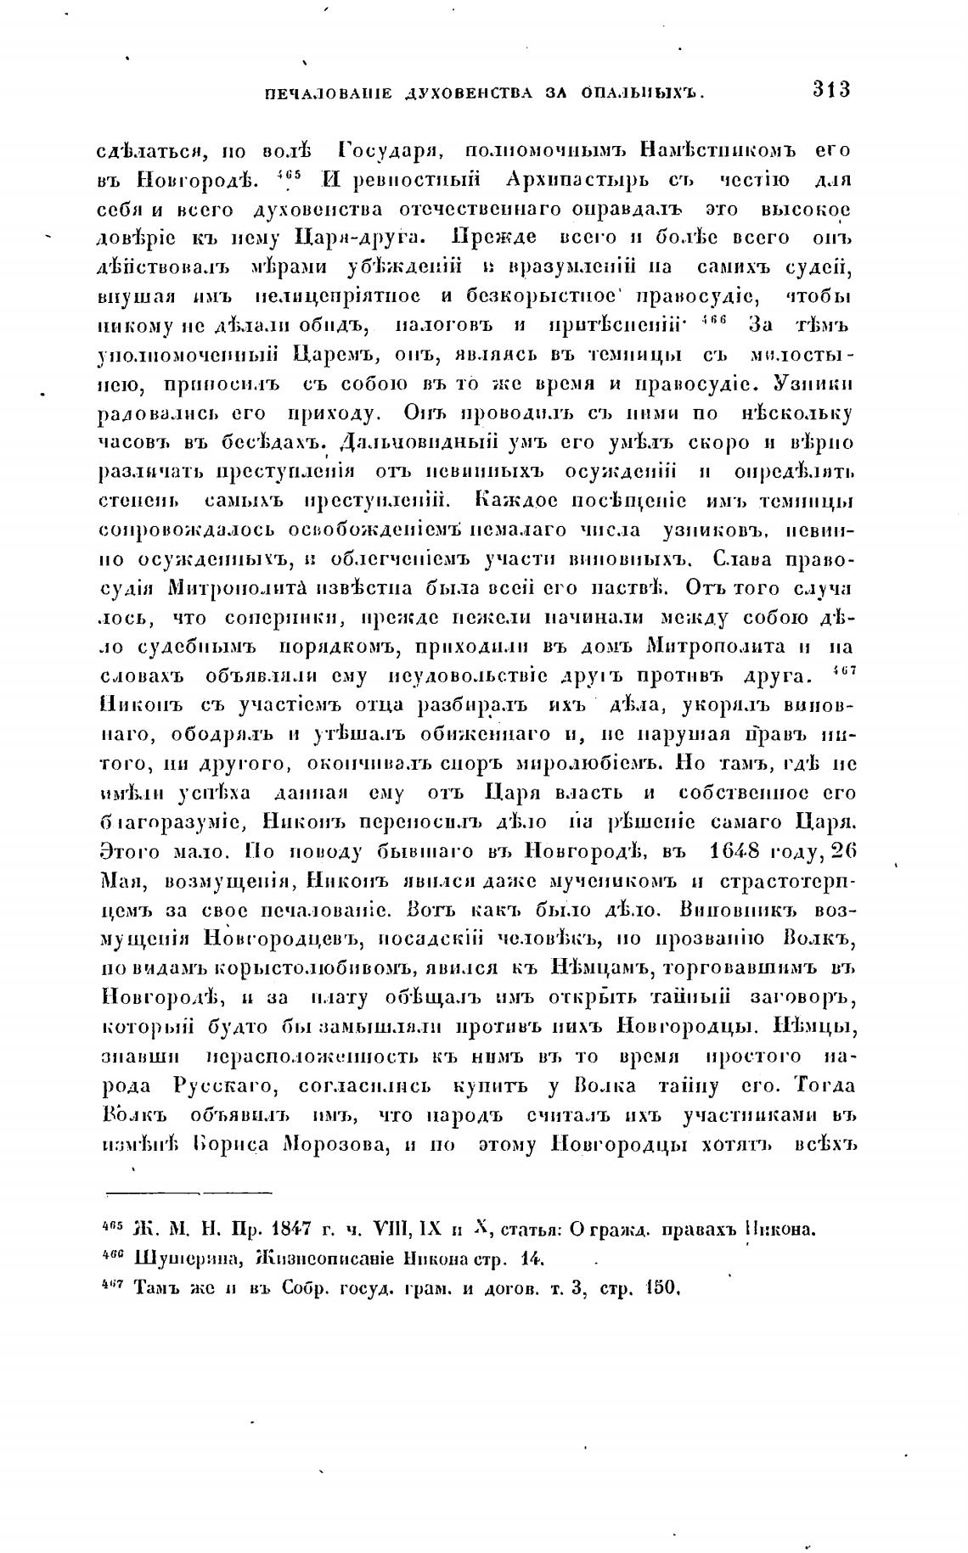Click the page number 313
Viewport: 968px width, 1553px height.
coord(831,89)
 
